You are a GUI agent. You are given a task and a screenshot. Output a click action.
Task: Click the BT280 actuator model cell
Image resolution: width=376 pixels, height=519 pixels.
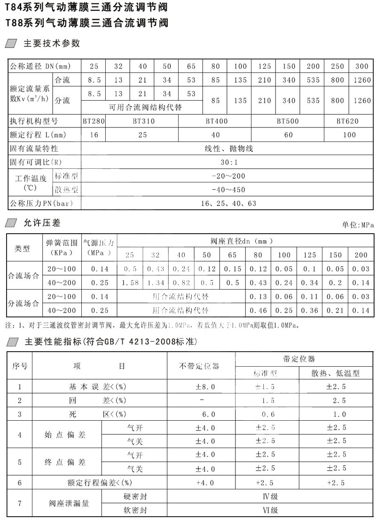tap(93, 121)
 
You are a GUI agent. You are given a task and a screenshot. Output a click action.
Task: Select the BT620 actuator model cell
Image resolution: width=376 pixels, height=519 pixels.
tap(347, 121)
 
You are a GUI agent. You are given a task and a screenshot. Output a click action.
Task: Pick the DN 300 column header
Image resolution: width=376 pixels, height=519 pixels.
tap(362, 66)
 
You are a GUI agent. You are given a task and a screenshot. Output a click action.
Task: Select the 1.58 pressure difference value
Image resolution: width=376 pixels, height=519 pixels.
tap(130, 283)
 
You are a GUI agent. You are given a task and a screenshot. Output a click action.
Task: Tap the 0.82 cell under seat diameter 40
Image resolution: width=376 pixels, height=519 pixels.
tap(181, 283)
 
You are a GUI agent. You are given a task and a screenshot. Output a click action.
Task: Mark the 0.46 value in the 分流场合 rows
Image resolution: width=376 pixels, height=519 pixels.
tap(258, 311)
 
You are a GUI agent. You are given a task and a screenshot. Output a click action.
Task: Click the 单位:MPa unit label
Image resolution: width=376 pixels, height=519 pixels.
tap(359, 225)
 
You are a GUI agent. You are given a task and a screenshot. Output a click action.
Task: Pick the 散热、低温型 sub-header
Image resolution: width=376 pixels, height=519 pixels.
tap(336, 373)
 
